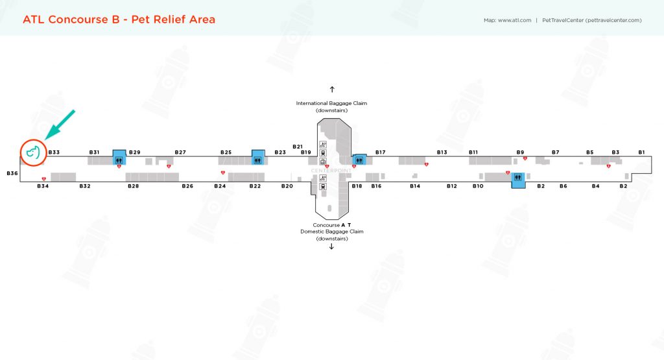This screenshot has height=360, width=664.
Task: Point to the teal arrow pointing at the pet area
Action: (60, 125)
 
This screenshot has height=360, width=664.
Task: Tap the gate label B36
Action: (12, 173)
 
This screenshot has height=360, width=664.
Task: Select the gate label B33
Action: (54, 152)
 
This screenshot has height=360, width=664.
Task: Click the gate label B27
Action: (180, 152)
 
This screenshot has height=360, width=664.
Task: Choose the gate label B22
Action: (255, 186)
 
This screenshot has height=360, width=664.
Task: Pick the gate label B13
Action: (442, 152)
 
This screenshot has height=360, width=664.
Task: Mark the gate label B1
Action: (641, 152)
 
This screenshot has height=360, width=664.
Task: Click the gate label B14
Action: (415, 186)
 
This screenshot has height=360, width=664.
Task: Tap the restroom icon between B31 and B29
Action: (119, 159)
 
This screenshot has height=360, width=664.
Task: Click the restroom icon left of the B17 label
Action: (359, 160)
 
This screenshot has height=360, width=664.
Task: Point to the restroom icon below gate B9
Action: (517, 177)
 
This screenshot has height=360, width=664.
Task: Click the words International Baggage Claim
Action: (331, 103)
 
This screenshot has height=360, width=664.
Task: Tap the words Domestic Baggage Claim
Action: (331, 232)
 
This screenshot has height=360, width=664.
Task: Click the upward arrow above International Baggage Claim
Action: (331, 89)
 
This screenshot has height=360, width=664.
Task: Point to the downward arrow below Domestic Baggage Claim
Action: (331, 246)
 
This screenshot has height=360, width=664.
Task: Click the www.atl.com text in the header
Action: (515, 20)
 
